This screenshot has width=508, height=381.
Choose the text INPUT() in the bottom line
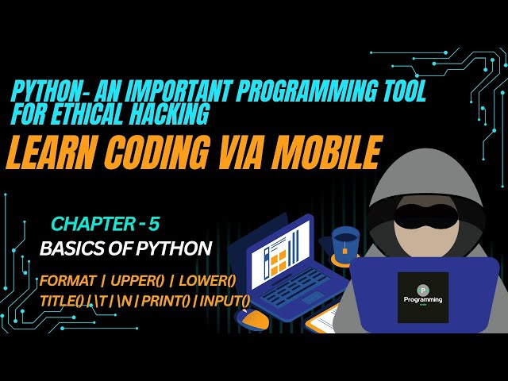tap(225, 300)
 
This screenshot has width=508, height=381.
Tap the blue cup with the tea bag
tap(346, 245)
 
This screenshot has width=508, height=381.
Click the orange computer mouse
tap(252, 317)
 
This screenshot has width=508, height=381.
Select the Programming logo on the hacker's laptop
tap(422, 297)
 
